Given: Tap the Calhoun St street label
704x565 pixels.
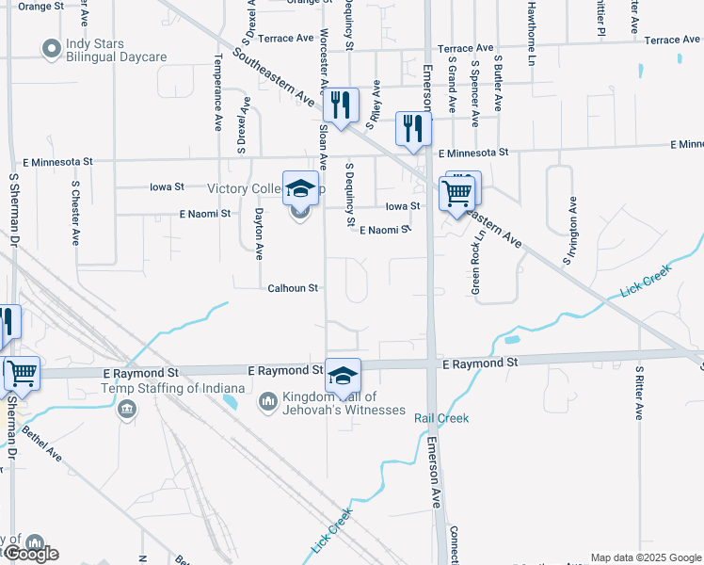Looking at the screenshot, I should tap(293, 288).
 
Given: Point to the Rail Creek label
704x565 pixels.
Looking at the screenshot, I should tap(441, 418).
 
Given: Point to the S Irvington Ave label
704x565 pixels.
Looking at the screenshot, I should tap(568, 232).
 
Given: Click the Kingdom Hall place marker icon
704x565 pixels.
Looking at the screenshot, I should tap(268, 402).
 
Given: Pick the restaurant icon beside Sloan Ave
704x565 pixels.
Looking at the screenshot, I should tap(341, 105).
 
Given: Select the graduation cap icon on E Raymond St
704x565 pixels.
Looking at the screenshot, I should tap(344, 375).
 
